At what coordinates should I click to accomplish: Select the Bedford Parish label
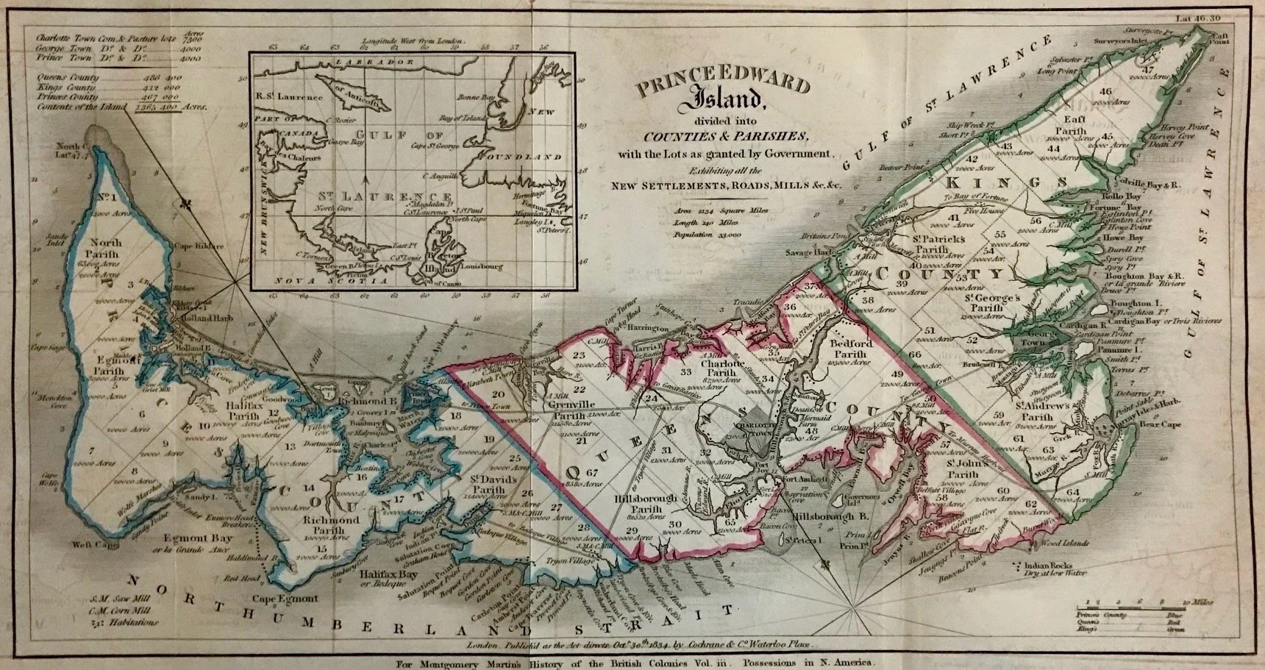click(851, 349)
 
